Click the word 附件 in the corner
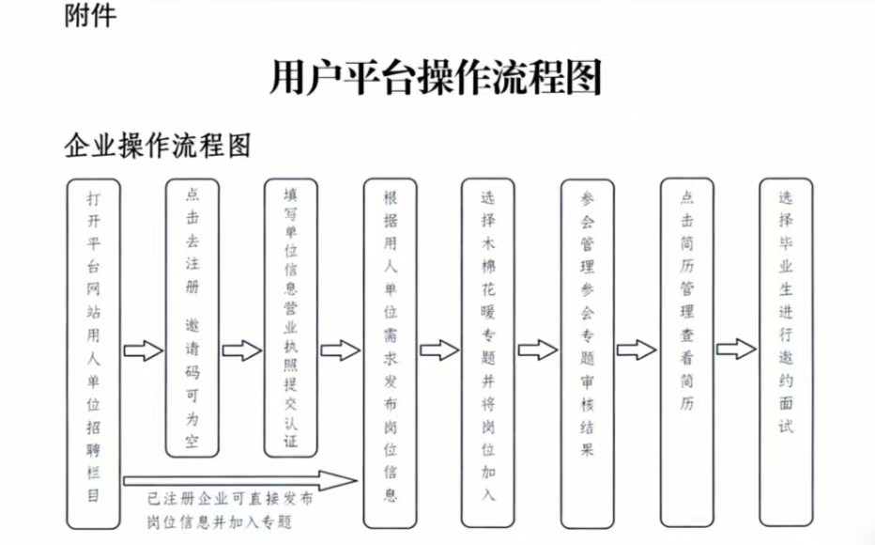click(91, 16)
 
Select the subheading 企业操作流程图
click(157, 146)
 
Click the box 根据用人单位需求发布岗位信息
click(390, 352)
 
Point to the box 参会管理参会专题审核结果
click(587, 352)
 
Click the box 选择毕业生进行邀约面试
click(786, 351)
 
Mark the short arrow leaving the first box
click(143, 350)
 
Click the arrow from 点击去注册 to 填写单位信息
click(241, 350)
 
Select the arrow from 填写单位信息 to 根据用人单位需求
click(340, 350)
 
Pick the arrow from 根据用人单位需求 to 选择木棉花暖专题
click(438, 350)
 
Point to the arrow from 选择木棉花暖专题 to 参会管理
click(537, 350)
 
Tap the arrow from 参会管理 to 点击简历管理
click(637, 350)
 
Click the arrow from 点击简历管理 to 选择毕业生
click(736, 350)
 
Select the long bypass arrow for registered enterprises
click(239, 481)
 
